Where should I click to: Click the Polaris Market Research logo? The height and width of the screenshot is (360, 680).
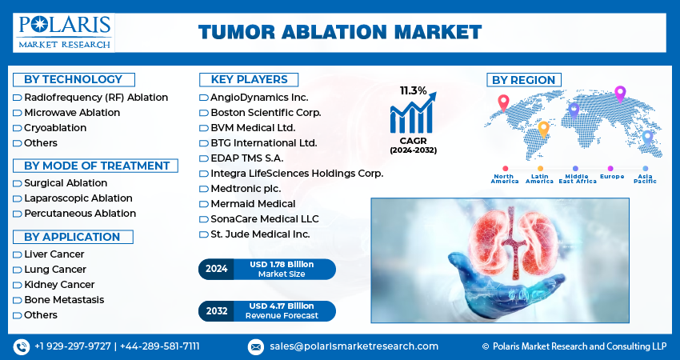(64, 33)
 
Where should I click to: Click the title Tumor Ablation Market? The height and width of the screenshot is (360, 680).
(340, 33)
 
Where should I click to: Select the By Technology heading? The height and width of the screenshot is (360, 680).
(74, 79)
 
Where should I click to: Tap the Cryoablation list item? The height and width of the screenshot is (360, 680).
(55, 128)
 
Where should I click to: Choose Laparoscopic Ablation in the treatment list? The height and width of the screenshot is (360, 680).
(78, 198)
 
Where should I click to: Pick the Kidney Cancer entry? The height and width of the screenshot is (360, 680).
(59, 285)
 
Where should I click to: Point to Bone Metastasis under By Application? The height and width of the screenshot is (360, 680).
(64, 300)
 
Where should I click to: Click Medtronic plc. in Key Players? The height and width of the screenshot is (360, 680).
(246, 189)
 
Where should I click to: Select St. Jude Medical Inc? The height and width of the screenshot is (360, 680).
(260, 234)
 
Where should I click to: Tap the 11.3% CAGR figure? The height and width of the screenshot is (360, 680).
(414, 90)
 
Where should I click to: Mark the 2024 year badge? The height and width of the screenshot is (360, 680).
(217, 269)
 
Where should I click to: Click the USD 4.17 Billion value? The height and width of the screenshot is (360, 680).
(282, 306)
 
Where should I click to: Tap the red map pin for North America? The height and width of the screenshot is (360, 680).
(503, 103)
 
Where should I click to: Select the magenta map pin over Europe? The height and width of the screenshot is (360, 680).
(620, 94)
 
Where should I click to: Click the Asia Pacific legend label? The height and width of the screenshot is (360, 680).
(645, 178)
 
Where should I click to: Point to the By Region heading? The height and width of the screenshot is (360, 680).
(524, 80)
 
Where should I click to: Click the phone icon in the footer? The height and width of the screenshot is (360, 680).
(22, 346)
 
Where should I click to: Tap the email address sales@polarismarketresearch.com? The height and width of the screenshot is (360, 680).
(354, 346)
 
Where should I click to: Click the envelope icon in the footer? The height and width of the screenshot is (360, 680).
(256, 346)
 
